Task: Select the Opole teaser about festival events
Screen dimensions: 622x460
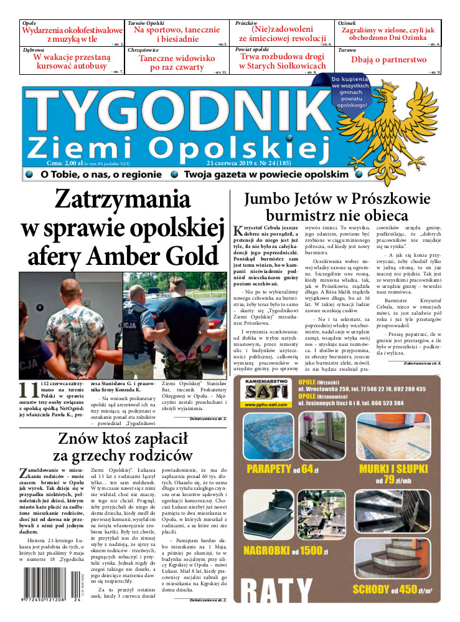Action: (x=72, y=34)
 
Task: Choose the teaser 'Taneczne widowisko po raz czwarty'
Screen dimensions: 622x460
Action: (x=176, y=62)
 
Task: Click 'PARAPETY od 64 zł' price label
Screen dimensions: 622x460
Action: (x=278, y=469)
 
